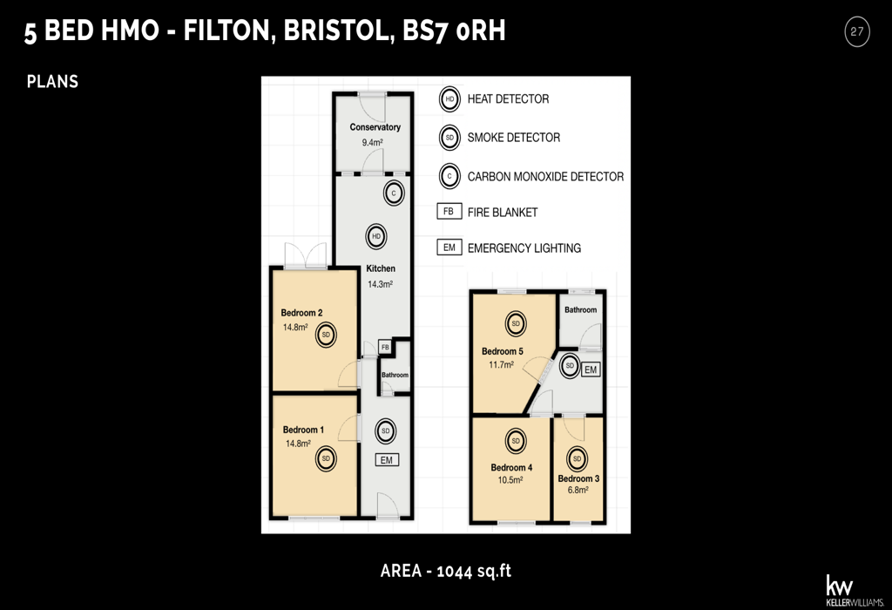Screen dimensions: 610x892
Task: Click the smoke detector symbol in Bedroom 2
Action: coord(326,335)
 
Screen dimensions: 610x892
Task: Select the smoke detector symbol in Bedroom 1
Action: coord(326,459)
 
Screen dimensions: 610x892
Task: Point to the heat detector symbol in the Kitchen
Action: coord(376,236)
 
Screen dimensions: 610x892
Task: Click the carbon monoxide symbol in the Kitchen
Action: coord(394,193)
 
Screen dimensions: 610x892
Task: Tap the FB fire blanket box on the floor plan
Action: coord(385,348)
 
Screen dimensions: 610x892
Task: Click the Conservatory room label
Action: coord(375,127)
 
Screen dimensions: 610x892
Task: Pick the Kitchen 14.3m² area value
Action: coord(380,284)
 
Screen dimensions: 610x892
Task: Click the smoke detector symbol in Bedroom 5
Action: coord(516,324)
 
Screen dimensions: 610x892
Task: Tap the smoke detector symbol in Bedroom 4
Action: coord(516,441)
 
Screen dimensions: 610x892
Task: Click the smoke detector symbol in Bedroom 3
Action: coord(578,458)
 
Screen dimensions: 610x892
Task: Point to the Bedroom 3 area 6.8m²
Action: coord(578,491)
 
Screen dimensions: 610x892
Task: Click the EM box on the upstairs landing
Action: coord(591,369)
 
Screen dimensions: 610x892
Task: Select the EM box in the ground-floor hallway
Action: coord(386,459)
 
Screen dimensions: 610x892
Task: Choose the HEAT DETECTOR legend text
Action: coord(508,99)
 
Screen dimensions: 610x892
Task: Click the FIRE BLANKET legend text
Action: coord(503,213)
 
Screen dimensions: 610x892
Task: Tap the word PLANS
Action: coord(52,82)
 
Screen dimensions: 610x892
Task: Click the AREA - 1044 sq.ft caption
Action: coord(445,572)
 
